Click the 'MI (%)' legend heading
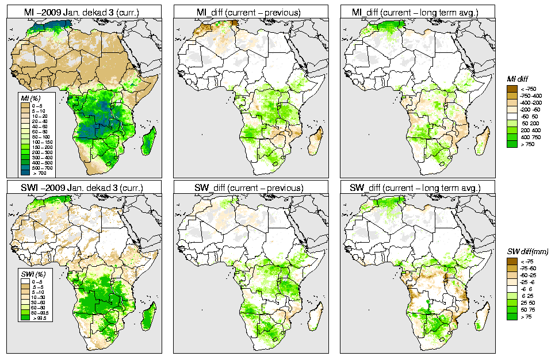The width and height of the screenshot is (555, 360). point(29,99)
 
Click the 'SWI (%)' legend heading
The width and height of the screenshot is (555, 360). point(31,273)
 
